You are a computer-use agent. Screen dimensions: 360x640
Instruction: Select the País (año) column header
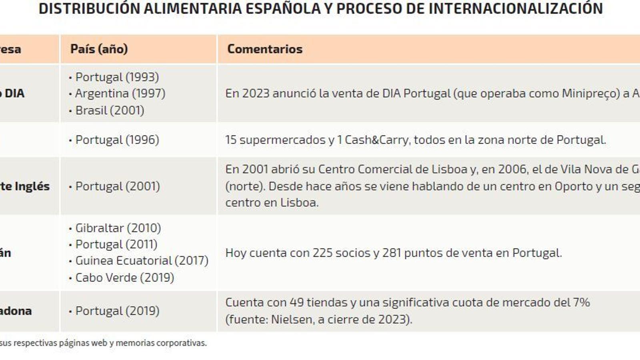coord(99,49)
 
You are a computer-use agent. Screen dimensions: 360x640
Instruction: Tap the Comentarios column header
coord(265,49)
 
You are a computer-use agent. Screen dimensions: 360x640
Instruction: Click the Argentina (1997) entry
coord(120,94)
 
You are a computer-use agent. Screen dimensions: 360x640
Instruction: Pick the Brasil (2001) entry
coord(110,110)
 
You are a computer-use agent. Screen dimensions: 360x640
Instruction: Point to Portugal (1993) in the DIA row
coord(117,77)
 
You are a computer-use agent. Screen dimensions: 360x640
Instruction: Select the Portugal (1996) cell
coord(117,140)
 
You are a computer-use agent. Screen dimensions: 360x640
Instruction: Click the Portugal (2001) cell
coord(117,186)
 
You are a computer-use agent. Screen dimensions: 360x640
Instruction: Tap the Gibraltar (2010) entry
coord(118,228)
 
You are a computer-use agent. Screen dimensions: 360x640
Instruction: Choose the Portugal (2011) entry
coord(116,244)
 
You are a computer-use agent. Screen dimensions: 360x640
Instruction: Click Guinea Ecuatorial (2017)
coord(142,261)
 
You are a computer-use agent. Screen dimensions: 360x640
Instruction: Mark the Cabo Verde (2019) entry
coord(124,278)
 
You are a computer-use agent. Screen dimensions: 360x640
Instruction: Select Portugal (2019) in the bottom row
coord(117,311)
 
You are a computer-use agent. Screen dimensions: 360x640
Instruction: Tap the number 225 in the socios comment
coord(322,253)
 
